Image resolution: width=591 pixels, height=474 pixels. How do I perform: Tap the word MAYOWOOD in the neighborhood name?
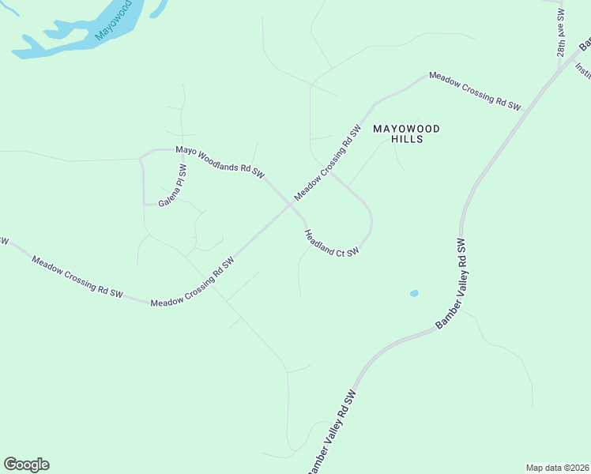click(x=405, y=128)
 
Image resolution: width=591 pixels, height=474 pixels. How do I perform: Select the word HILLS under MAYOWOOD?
click(x=407, y=139)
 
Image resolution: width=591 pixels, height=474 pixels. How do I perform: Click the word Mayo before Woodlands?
click(x=185, y=149)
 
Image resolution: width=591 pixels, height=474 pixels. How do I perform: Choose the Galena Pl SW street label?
click(x=171, y=186)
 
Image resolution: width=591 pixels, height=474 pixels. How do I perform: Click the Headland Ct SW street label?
click(x=332, y=243)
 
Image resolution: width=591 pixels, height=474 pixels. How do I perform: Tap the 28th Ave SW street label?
click(x=562, y=32)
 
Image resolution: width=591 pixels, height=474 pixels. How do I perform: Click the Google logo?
click(x=26, y=465)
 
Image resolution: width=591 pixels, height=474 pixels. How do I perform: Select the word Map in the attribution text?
click(x=535, y=468)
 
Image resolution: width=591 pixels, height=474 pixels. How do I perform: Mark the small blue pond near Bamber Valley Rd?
click(x=414, y=293)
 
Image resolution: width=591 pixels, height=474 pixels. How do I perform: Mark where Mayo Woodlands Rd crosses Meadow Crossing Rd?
click(x=289, y=204)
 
